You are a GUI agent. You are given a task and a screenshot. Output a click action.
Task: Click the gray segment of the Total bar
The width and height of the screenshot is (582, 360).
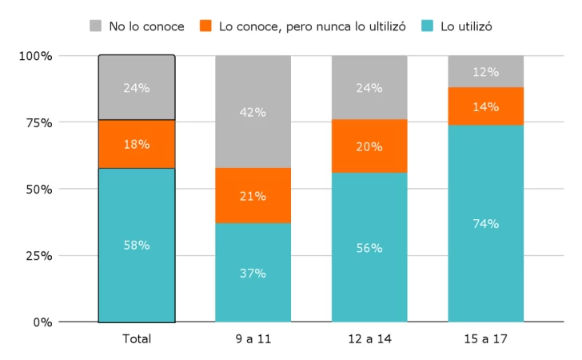click(137, 88)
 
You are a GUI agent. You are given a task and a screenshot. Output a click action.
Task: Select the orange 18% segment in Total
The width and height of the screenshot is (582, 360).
click(137, 144)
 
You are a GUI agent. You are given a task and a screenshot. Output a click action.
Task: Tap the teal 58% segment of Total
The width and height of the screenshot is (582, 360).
click(137, 245)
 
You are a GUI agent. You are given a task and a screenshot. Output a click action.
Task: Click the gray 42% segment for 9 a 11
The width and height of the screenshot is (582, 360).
click(253, 112)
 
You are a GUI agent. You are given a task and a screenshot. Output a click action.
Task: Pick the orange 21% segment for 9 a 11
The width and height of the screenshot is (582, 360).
click(253, 196)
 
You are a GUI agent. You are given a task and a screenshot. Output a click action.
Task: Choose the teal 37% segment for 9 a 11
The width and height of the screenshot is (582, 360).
click(253, 273)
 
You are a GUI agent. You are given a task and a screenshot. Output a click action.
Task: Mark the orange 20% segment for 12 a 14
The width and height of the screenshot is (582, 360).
click(369, 146)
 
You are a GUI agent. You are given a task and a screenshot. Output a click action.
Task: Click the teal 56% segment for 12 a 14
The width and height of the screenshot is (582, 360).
click(369, 248)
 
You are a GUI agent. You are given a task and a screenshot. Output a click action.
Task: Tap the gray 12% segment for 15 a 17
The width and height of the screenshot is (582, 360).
click(485, 71)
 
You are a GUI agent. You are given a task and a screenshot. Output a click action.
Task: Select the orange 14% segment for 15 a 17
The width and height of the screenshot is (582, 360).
click(485, 106)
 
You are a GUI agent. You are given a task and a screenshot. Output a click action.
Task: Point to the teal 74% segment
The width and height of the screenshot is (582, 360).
click(485, 224)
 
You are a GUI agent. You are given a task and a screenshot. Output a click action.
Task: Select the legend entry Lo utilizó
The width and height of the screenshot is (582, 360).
click(456, 26)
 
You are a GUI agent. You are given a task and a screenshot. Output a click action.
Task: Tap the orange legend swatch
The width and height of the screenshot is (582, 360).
click(205, 26)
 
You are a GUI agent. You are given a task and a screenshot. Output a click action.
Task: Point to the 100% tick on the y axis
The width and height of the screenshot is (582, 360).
click(36, 56)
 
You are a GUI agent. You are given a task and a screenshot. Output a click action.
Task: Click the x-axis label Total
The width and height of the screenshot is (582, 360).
click(137, 339)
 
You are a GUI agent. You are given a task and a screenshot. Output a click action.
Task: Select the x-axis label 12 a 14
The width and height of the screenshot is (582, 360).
click(369, 339)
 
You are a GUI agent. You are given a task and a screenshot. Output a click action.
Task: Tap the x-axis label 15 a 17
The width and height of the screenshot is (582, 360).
click(485, 339)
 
